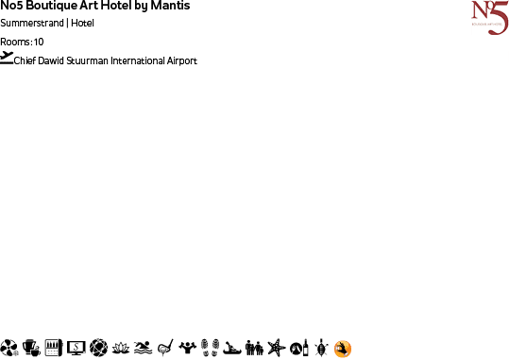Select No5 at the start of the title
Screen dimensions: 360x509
(x=12, y=7)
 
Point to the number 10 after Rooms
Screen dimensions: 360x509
(x=39, y=43)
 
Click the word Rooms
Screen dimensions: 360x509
(x=16, y=43)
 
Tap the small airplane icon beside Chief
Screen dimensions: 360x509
(x=8, y=57)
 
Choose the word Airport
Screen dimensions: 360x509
(x=182, y=61)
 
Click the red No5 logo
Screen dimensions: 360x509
(x=489, y=18)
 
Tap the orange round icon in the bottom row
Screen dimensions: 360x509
(x=343, y=349)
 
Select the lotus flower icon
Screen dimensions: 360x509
(x=121, y=349)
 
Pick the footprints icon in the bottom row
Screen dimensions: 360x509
(x=210, y=349)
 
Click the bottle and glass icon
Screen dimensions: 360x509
(x=297, y=349)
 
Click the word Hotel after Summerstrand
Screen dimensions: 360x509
(x=82, y=24)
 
